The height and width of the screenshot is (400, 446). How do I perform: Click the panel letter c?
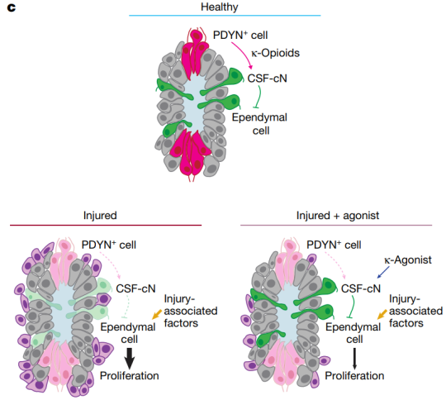[12, 8]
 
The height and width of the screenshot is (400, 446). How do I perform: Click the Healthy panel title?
[220, 7]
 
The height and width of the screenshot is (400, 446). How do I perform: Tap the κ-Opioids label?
[275, 53]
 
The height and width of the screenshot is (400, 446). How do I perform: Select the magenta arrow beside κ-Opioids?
[244, 54]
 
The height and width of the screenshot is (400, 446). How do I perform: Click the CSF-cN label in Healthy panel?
[267, 79]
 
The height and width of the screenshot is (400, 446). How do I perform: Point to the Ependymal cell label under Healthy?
[259, 124]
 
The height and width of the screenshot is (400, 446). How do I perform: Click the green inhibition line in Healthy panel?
[259, 97]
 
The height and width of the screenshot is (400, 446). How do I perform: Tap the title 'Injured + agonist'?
[338, 216]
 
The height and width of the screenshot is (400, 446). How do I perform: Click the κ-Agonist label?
[408, 260]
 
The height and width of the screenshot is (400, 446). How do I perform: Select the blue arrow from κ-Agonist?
[383, 272]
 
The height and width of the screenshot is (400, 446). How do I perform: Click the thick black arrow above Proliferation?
[130, 359]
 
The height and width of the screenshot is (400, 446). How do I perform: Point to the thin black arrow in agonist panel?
[354, 359]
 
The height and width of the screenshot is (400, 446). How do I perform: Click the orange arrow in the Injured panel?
[157, 314]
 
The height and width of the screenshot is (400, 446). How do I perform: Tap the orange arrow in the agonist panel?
[382, 314]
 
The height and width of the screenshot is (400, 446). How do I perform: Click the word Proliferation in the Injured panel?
[130, 376]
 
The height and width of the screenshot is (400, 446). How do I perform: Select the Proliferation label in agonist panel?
[354, 376]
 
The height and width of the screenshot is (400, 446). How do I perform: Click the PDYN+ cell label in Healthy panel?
[240, 35]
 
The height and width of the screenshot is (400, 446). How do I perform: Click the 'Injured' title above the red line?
[100, 216]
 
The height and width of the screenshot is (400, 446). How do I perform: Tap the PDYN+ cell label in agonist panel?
[334, 245]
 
